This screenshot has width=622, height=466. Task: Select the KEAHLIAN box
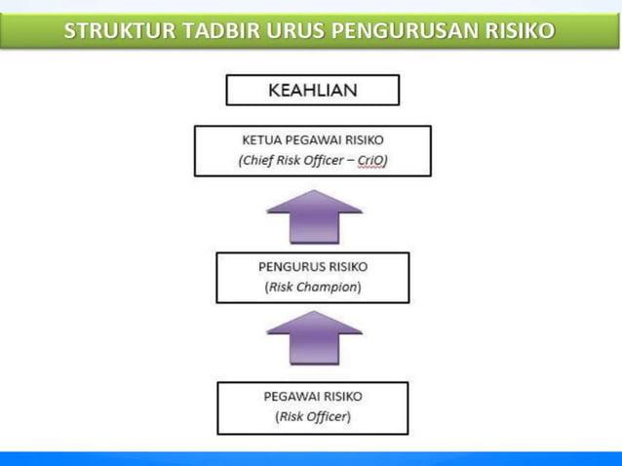pos(312,91)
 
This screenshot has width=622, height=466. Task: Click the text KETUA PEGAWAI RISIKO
pos(312,139)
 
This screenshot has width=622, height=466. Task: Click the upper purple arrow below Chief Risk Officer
pos(313,215)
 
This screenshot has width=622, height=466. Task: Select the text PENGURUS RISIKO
pos(312,265)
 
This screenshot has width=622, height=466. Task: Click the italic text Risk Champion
pos(312,288)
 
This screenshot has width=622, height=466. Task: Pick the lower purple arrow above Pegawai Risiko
pos(313,337)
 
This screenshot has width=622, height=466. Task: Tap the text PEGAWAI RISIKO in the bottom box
pos(312,396)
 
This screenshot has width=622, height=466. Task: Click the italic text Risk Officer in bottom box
pos(312,417)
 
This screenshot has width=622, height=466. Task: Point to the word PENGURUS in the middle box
pos(291,265)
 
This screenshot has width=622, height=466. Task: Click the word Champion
pos(329,288)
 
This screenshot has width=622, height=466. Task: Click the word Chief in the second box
pos(256,162)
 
